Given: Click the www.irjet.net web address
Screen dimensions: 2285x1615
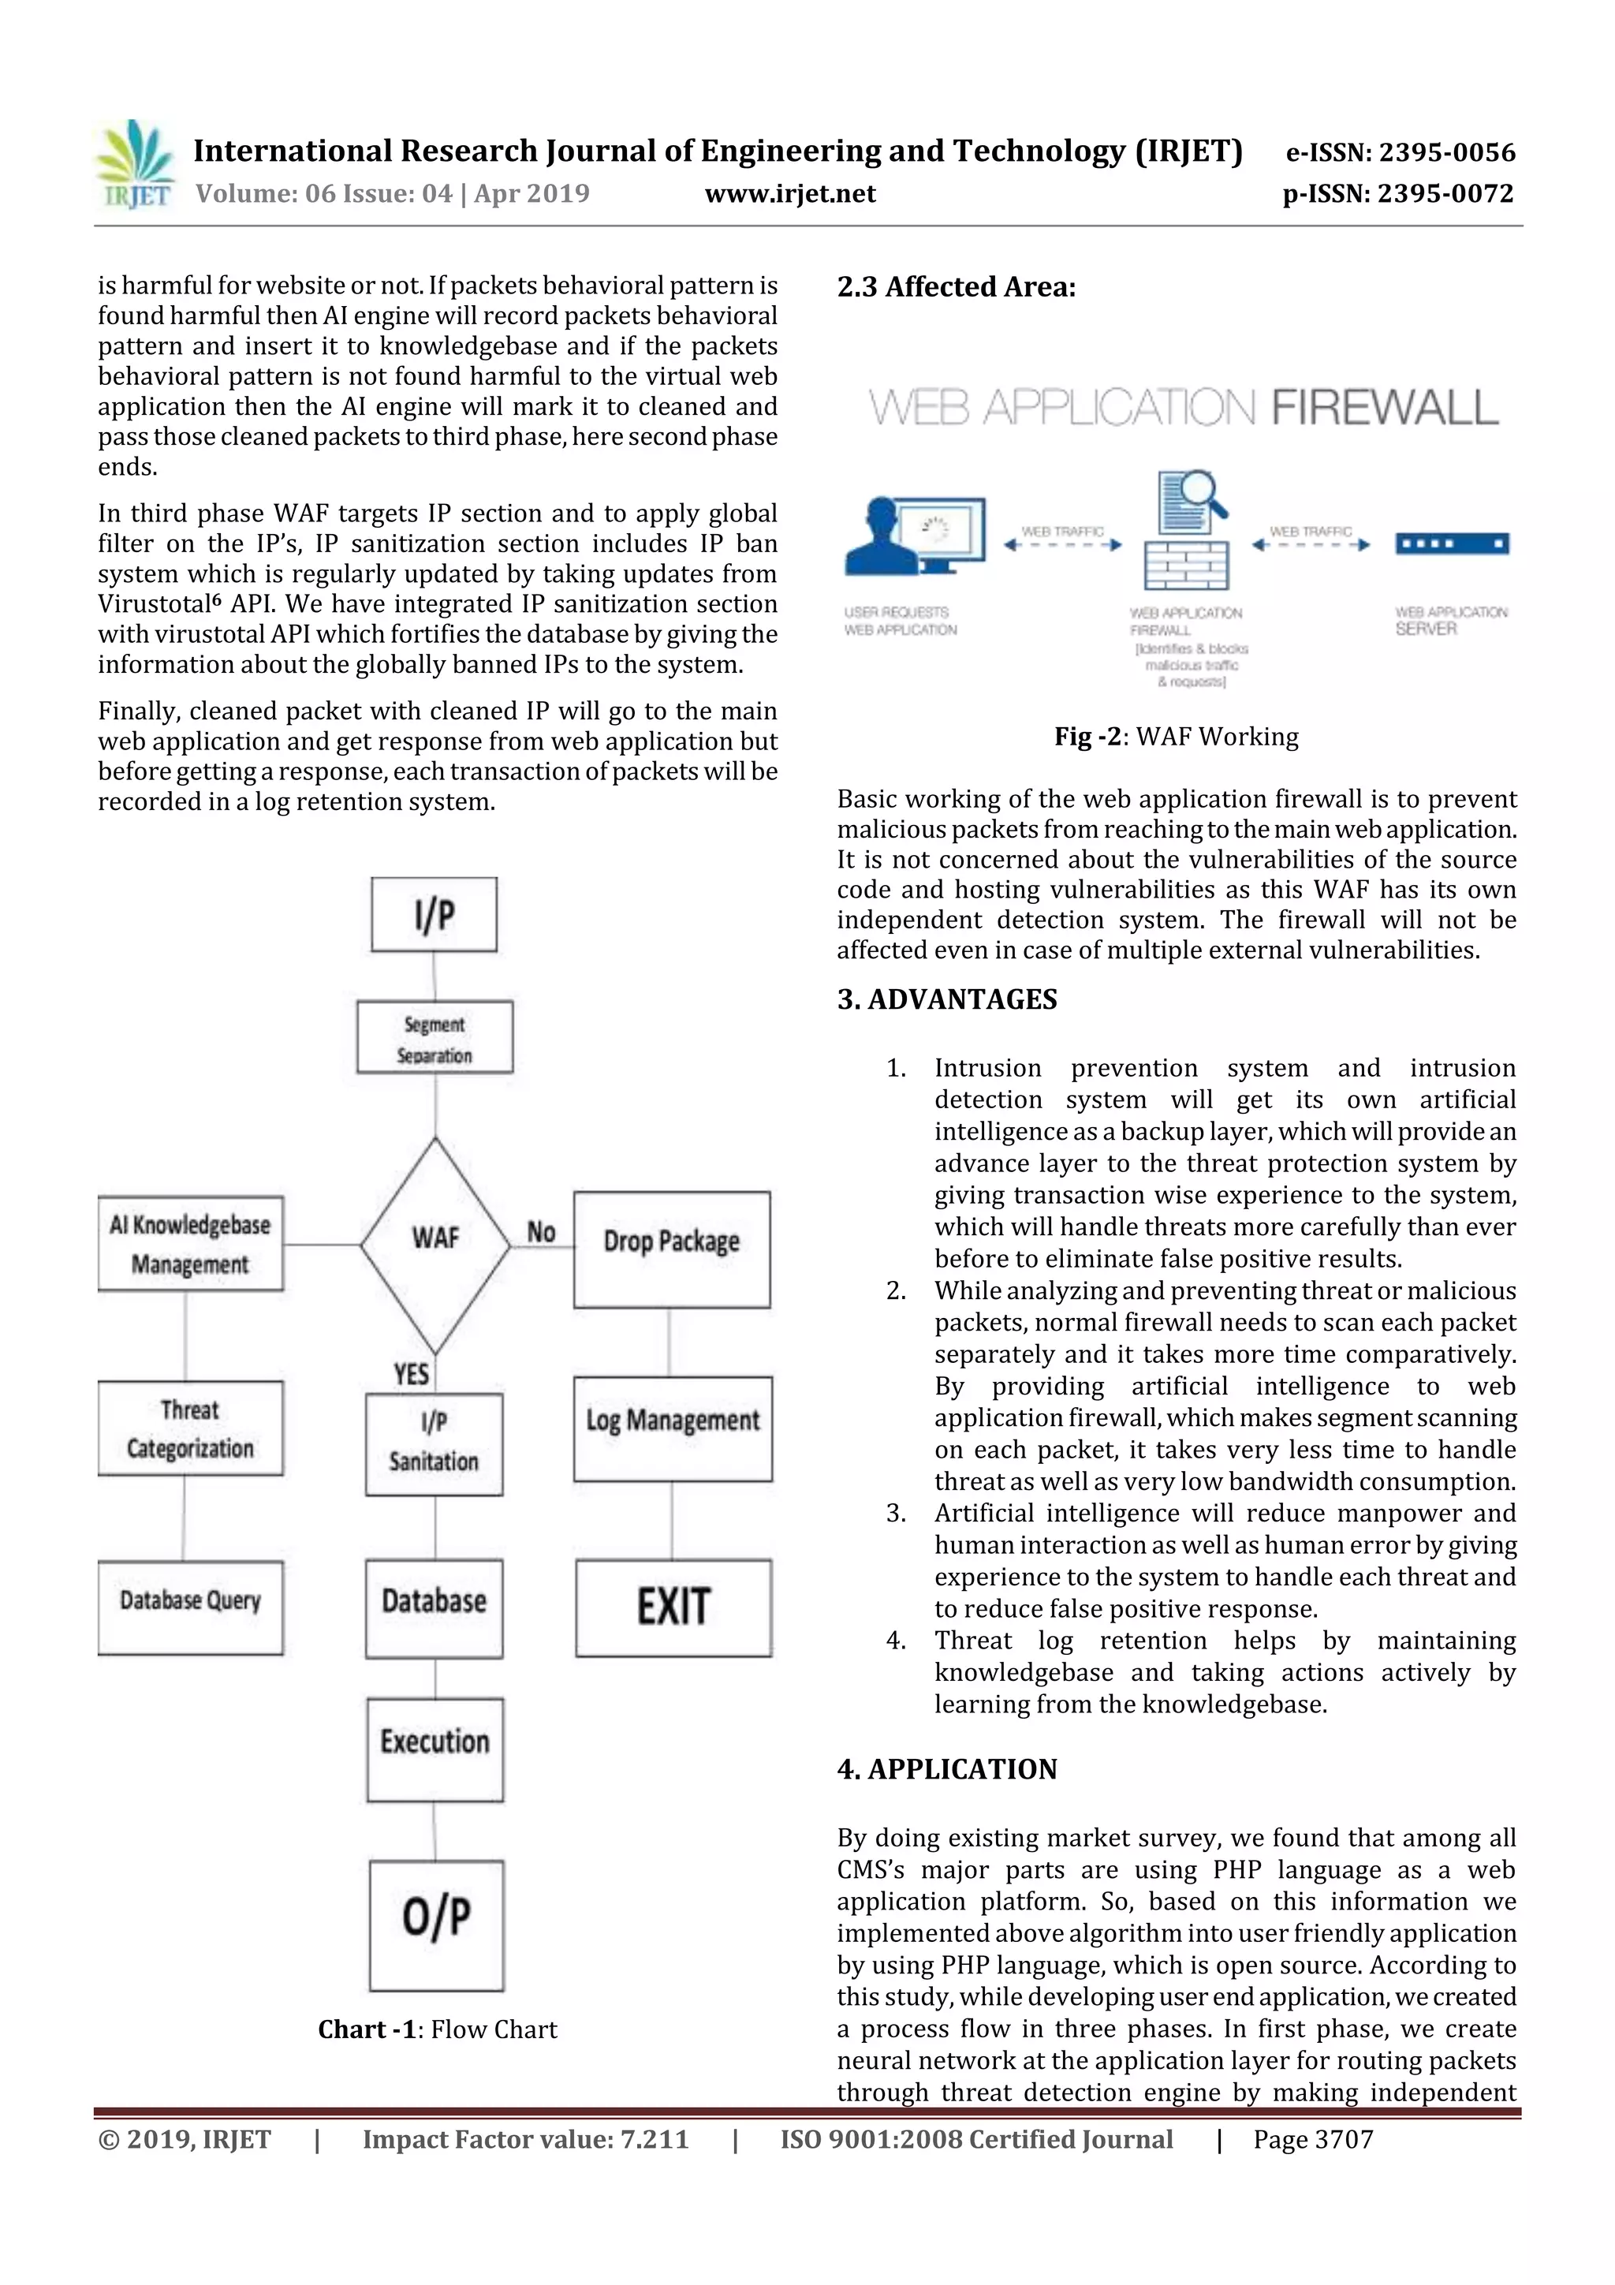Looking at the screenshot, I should click(x=790, y=193).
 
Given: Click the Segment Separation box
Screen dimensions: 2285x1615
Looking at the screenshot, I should click(x=435, y=1037).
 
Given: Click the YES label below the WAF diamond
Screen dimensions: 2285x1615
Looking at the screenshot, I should click(x=411, y=1374).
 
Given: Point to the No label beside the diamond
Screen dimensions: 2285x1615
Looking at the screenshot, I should click(x=540, y=1232).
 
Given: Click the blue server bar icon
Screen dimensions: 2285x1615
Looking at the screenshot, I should click(x=1452, y=543).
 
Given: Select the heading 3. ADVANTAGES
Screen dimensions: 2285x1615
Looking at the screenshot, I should click(x=946, y=999).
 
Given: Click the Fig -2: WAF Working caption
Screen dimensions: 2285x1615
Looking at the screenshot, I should click(x=1177, y=737).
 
